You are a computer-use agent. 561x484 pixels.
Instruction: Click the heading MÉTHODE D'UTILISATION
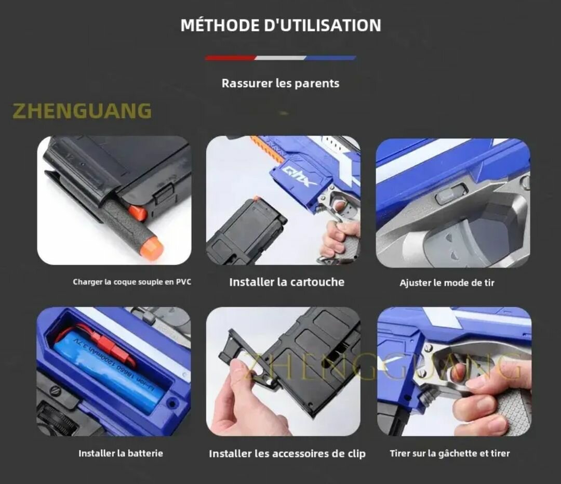click(x=280, y=25)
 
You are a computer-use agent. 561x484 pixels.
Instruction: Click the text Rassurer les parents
click(x=280, y=83)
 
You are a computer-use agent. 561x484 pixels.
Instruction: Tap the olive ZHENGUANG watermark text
click(x=82, y=111)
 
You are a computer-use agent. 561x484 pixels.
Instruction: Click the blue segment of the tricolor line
click(x=330, y=58)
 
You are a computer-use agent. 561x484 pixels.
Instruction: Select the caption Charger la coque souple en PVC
click(x=132, y=282)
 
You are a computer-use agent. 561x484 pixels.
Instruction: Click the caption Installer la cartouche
click(x=287, y=282)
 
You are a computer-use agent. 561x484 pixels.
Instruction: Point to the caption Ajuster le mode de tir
click(x=447, y=283)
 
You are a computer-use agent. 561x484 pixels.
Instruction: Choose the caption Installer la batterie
click(x=121, y=453)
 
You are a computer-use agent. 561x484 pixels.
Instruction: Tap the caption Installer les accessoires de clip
click(x=287, y=454)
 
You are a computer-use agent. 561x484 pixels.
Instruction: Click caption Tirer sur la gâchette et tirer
click(x=450, y=453)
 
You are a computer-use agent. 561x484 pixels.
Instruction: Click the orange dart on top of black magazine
click(x=256, y=199)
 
